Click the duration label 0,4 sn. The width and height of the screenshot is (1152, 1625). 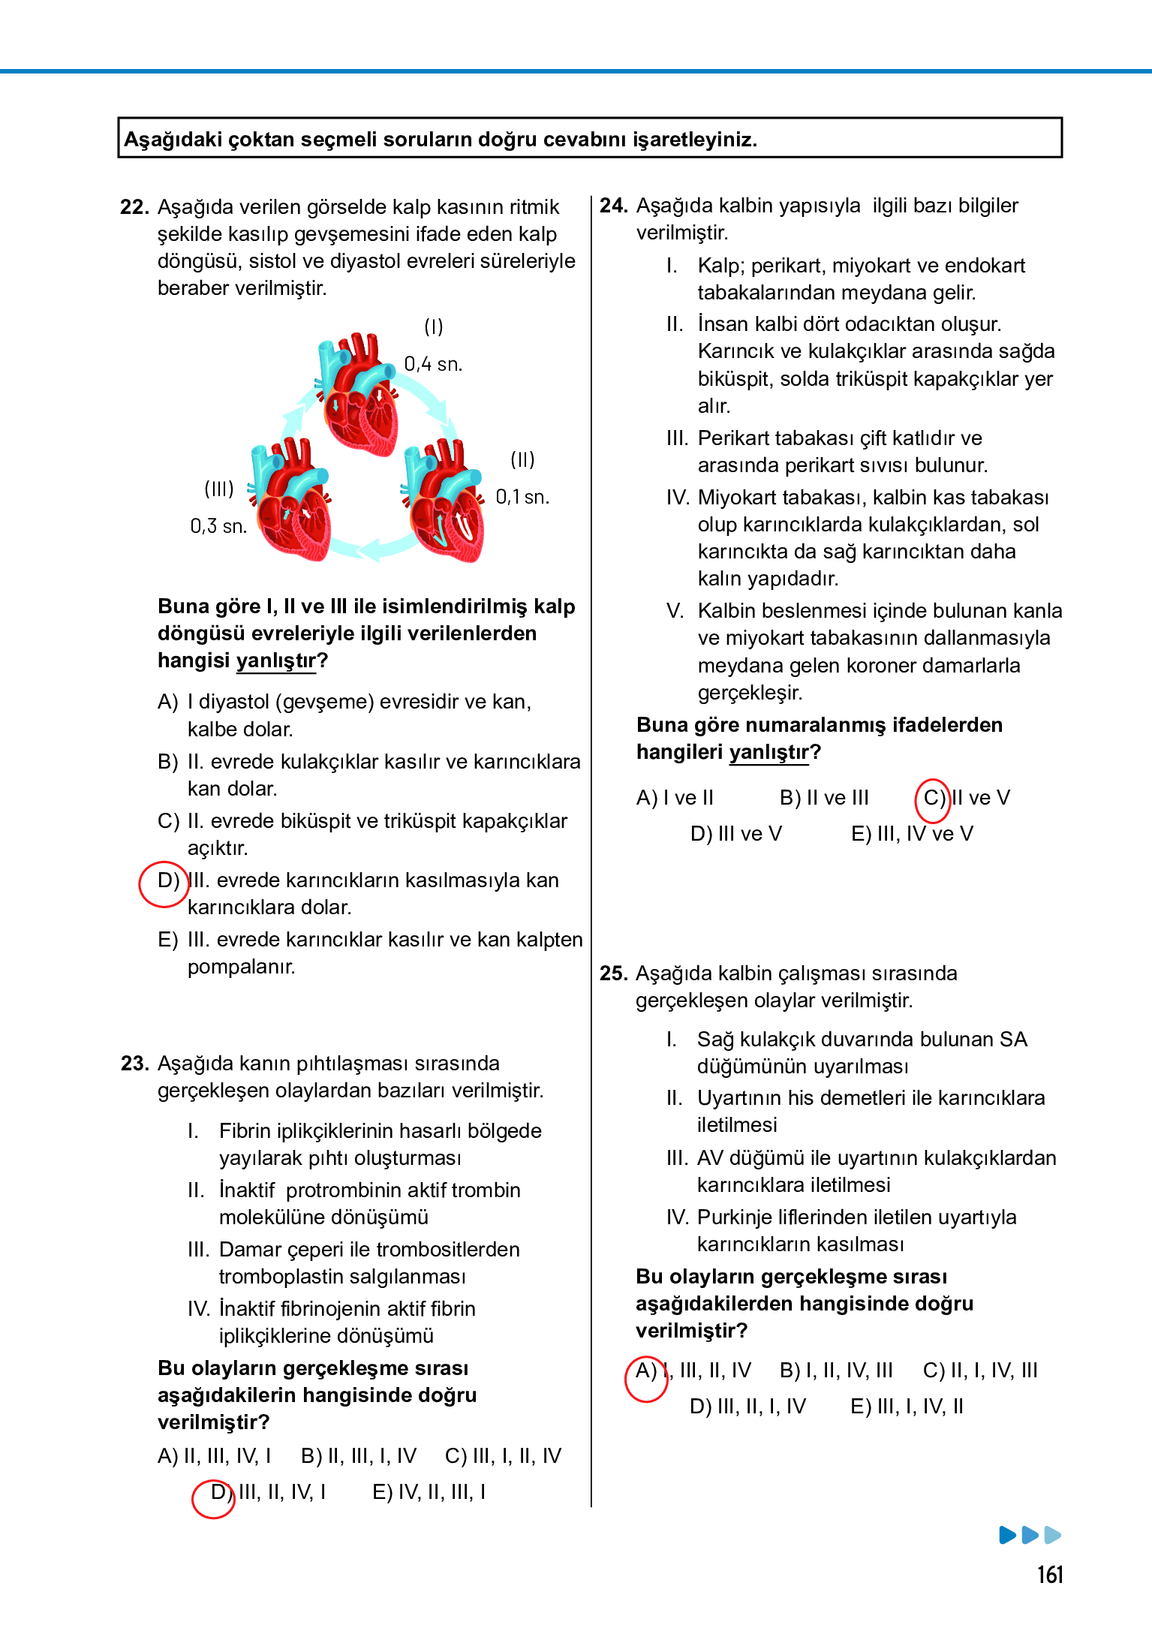433,364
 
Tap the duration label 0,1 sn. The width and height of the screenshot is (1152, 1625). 522,497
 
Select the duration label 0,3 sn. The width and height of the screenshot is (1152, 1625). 218,526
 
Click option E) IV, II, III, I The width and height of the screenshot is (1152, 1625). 429,1492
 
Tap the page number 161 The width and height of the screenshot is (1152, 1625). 1050,1574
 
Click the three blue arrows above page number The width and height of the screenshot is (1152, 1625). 1030,1534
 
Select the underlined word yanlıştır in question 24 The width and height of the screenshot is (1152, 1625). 769,752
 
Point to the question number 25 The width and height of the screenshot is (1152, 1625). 612,973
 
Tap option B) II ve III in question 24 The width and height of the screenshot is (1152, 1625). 823,798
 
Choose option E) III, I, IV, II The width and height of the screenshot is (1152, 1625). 906,1407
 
